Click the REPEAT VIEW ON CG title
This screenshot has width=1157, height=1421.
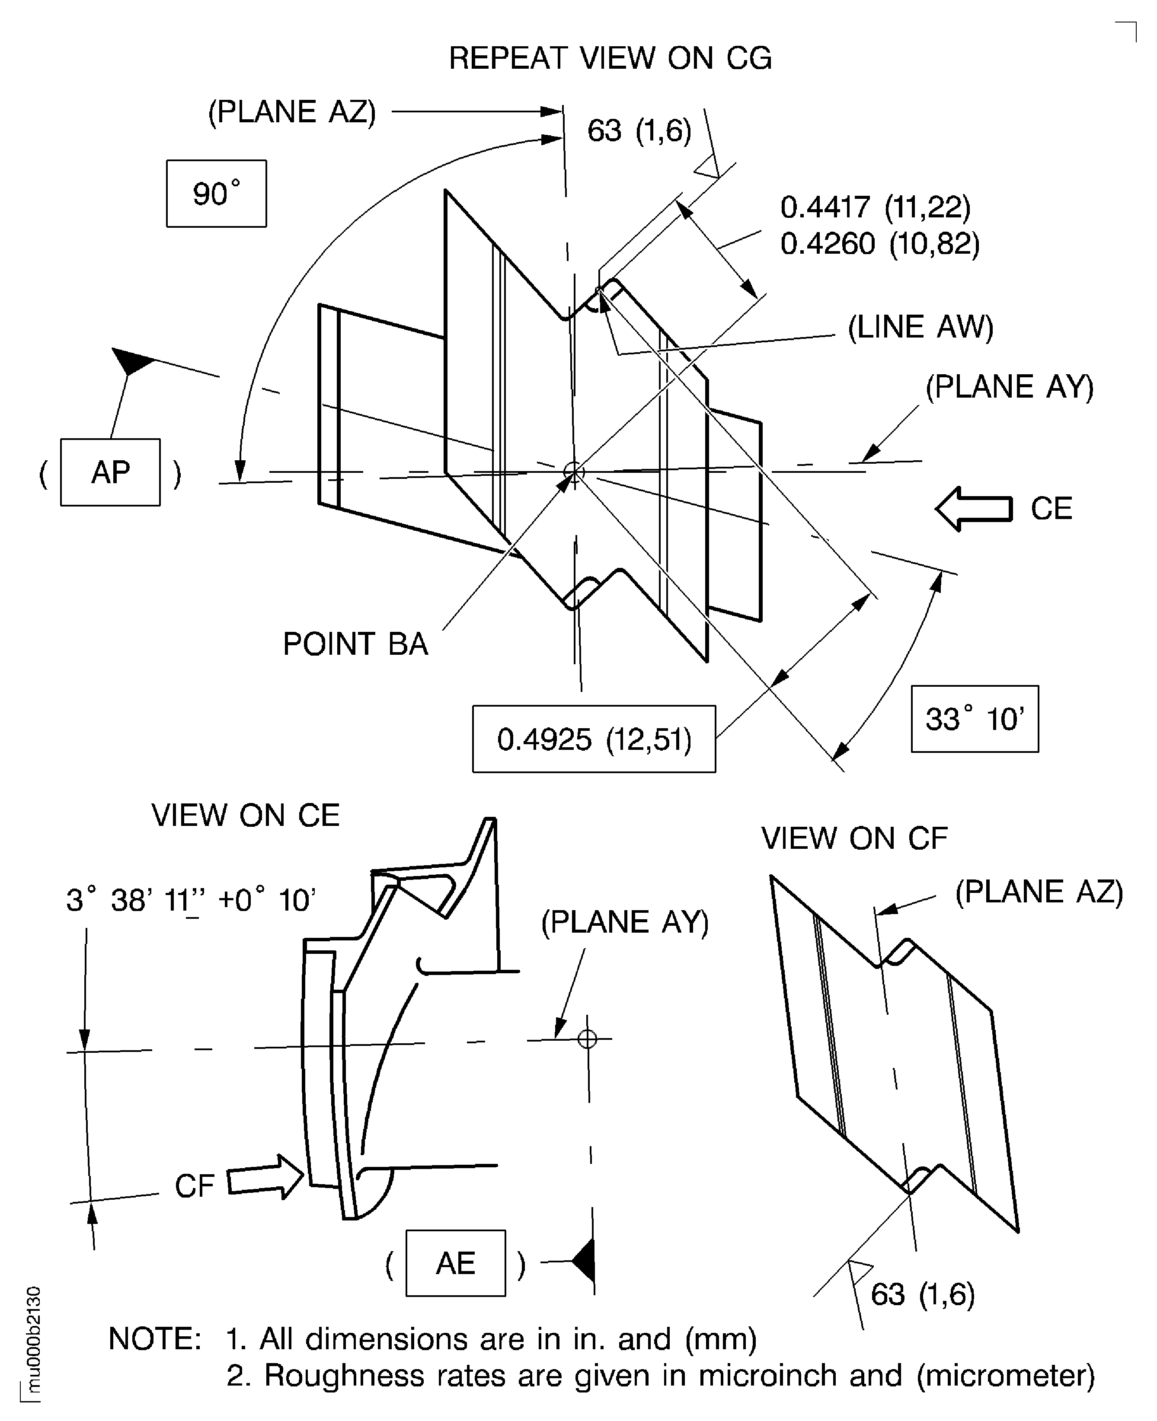610,59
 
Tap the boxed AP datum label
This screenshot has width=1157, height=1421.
110,472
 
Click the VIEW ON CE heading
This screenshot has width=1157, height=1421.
245,816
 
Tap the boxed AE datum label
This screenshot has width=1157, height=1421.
455,1263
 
